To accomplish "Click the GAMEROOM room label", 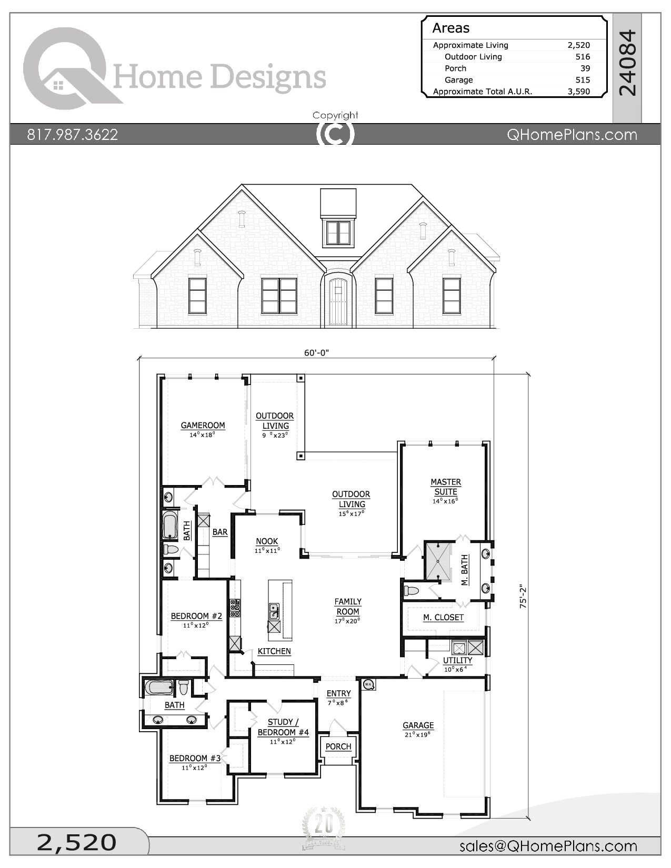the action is click(x=203, y=426).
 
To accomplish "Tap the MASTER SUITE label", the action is click(x=445, y=487).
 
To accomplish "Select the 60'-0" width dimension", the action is click(x=316, y=353).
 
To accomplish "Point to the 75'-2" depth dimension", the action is click(x=523, y=597).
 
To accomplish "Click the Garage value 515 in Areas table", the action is click(x=583, y=80).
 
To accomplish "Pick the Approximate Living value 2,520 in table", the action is click(x=578, y=45).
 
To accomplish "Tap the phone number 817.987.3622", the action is click(x=73, y=135).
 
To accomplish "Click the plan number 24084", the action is click(x=627, y=63).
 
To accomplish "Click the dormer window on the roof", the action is click(x=338, y=233).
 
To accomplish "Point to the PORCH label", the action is click(x=338, y=746).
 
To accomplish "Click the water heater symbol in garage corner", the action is click(x=368, y=684).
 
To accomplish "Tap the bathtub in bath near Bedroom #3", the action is click(x=158, y=688).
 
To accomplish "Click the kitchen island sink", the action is click(x=274, y=611).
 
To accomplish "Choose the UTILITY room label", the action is click(x=457, y=660).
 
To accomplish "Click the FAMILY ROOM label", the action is click(x=348, y=607).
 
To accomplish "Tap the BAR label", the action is click(x=220, y=532).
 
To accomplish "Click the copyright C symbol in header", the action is click(x=335, y=134).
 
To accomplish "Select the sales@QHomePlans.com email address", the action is click(x=548, y=846).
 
